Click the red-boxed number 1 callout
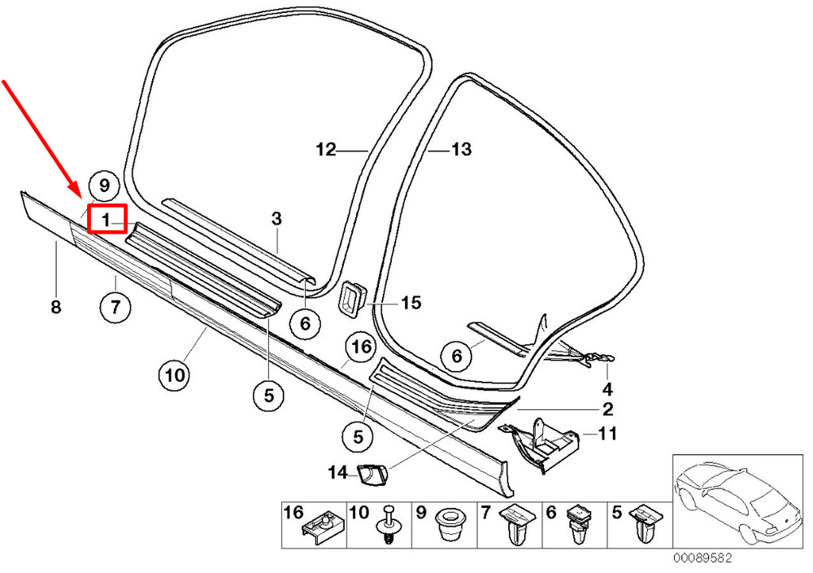click(x=107, y=219)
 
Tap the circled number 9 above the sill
click(x=103, y=185)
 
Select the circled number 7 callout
click(x=115, y=308)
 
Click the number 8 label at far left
click(x=55, y=308)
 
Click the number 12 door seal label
click(x=325, y=150)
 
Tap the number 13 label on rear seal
click(x=461, y=150)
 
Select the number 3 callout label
click(x=276, y=218)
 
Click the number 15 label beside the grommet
click(x=411, y=303)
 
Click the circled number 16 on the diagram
click(x=360, y=348)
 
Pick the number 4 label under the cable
click(x=606, y=389)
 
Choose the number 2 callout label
click(x=606, y=409)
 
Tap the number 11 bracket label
click(x=606, y=434)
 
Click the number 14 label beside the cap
click(x=337, y=471)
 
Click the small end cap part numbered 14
click(x=370, y=470)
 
